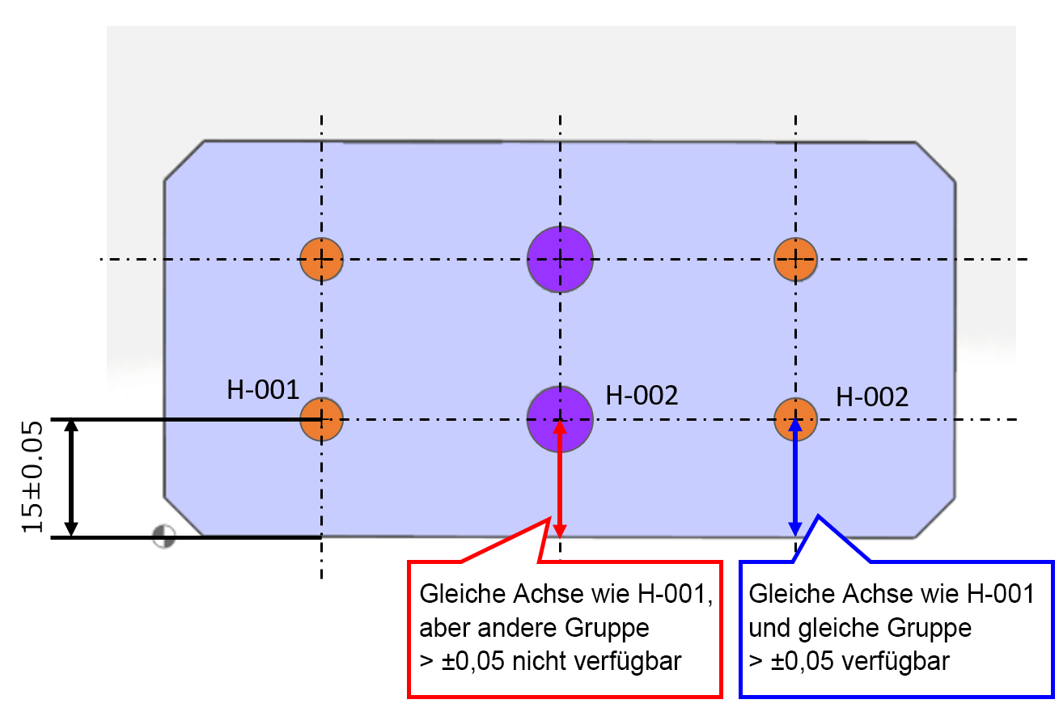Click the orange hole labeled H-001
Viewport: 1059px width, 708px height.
(x=321, y=419)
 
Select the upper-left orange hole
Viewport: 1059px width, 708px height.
(x=321, y=259)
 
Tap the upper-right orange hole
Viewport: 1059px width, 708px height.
(x=796, y=259)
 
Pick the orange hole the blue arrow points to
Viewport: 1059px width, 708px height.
(x=796, y=419)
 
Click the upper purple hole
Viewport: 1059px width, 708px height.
(x=560, y=259)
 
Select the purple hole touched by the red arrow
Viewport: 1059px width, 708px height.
(x=560, y=419)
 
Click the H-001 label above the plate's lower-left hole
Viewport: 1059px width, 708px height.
(x=263, y=390)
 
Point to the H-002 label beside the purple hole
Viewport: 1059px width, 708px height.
(x=642, y=396)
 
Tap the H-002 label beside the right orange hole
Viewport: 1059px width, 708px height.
(x=872, y=396)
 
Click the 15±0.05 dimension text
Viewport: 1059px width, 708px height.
(x=32, y=477)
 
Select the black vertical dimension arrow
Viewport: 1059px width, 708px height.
(x=71, y=478)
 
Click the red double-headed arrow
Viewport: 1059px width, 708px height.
(x=560, y=479)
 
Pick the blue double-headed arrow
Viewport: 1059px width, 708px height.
(x=795, y=477)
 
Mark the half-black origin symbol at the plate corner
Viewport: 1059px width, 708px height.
(x=164, y=536)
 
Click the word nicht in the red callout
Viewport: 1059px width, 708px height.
(x=540, y=661)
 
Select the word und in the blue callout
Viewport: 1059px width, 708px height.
(x=769, y=628)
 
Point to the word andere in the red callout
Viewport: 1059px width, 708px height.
(x=516, y=628)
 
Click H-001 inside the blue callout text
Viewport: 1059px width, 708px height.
(x=1000, y=594)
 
